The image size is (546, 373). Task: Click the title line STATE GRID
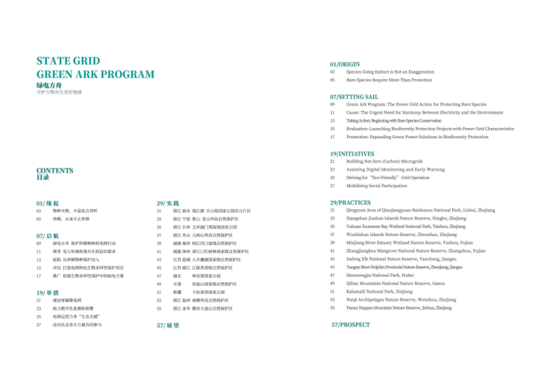pos(68,61)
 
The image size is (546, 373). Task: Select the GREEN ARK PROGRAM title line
pos(95,74)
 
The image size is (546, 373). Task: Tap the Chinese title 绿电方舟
pos(49,85)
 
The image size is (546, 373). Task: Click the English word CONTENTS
pos(55,171)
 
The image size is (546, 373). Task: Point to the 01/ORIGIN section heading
pos(345,64)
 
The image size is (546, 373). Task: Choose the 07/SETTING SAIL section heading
pos(354,96)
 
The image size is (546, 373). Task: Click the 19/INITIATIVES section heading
pos(352,154)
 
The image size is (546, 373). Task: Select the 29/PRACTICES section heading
pos(350,202)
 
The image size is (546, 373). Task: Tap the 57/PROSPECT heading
pos(350,325)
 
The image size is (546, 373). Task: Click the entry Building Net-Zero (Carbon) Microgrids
pos(384,161)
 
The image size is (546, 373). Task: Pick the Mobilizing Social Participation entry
pos(377,186)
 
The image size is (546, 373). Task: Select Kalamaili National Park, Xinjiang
pos(379,292)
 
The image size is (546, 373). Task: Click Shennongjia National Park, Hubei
pos(379,275)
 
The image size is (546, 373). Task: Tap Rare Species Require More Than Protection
pos(389,80)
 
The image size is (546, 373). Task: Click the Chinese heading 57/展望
pos(167,325)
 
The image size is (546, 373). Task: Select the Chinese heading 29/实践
pos(167,203)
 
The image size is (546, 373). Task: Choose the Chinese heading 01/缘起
pos(47,203)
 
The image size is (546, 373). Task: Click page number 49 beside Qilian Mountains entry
pos(333,283)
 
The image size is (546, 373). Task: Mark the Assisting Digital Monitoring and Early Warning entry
pos(395,170)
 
